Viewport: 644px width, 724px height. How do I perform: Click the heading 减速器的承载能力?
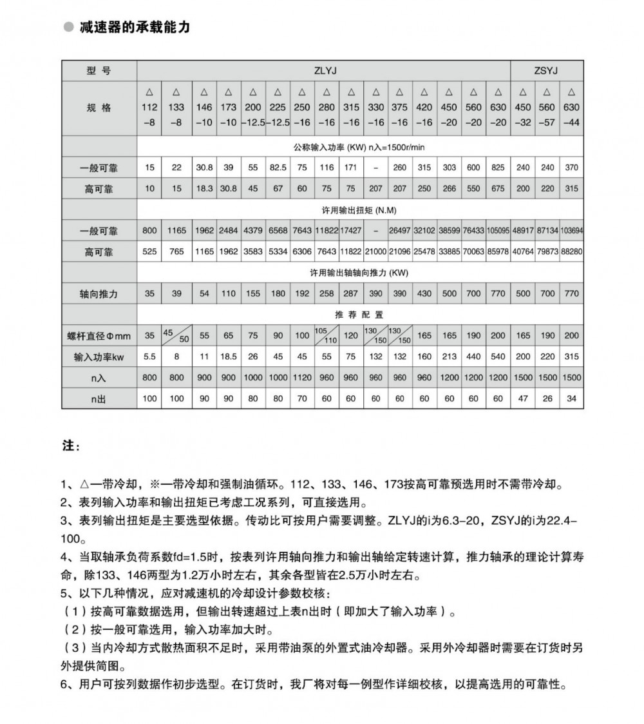135,28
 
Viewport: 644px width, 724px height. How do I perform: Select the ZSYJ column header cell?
546,70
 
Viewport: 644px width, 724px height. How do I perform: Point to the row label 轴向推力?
100,293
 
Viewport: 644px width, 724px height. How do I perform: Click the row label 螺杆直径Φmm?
99,336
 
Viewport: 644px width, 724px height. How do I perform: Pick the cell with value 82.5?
277,168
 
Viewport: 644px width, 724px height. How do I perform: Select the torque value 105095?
497,231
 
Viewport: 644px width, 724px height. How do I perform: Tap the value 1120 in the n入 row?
301,378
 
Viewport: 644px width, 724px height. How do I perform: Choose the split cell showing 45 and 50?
176,335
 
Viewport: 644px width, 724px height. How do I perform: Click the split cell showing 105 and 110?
326,335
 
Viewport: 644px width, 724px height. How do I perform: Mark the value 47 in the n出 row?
523,398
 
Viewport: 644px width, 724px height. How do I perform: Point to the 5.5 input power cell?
149,357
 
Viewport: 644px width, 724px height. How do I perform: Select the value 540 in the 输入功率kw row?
497,357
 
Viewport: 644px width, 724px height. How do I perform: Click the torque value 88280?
571,252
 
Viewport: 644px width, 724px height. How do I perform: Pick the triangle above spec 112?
149,92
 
